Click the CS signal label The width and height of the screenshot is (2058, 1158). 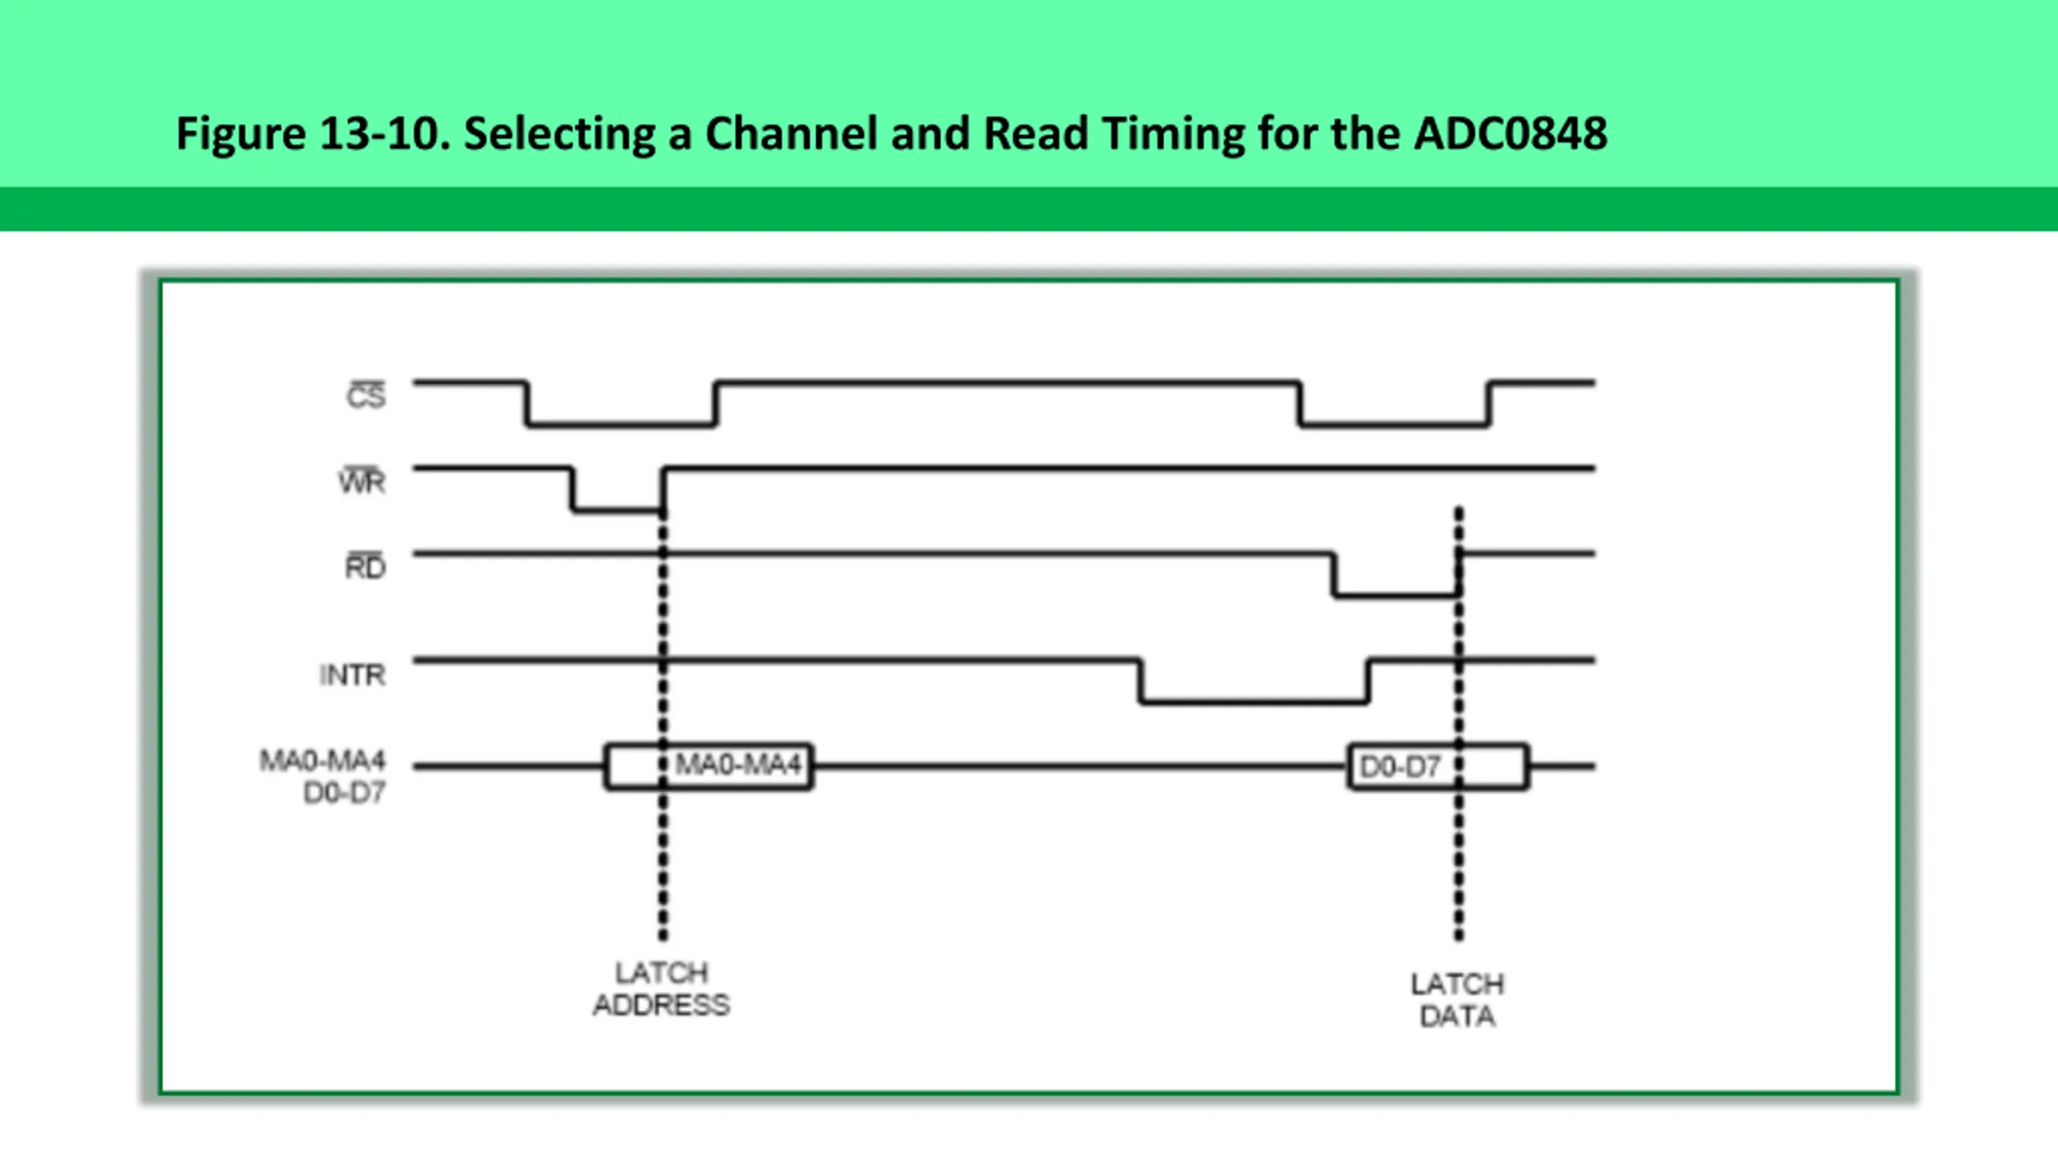(x=367, y=395)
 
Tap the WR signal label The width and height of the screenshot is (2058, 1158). (x=362, y=481)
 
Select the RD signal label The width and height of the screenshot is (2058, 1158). (x=366, y=566)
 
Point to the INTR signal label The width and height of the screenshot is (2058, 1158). (x=352, y=675)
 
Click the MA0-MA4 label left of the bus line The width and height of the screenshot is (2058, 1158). (x=322, y=760)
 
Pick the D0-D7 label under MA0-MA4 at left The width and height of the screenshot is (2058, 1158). (x=345, y=793)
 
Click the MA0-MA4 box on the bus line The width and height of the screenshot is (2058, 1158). (x=709, y=766)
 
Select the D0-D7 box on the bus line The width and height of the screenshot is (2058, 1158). (x=1438, y=766)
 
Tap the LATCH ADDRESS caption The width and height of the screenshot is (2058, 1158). (x=662, y=989)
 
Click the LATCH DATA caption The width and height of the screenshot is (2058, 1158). (x=1457, y=1000)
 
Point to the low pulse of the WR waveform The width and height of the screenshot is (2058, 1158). (x=617, y=510)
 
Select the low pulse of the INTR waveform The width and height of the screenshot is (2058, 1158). (x=1254, y=702)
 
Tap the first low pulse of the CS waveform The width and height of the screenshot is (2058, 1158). (x=621, y=424)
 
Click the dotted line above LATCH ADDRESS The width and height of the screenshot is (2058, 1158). (x=662, y=724)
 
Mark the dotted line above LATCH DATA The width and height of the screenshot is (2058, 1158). (x=1459, y=724)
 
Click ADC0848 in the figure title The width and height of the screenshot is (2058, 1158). (x=1511, y=133)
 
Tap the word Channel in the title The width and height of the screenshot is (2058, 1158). (x=791, y=133)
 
